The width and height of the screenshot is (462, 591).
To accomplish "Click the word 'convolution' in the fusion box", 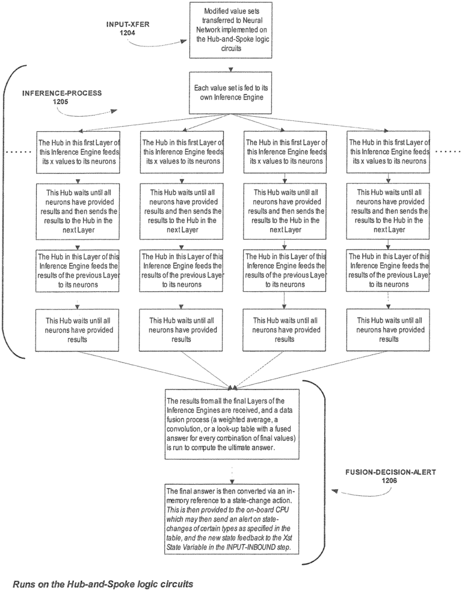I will (x=189, y=428).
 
